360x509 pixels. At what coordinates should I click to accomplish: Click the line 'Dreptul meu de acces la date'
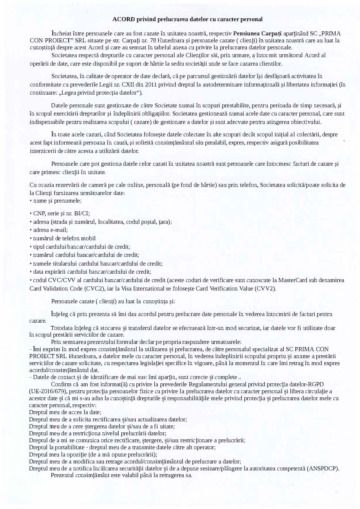65,412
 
